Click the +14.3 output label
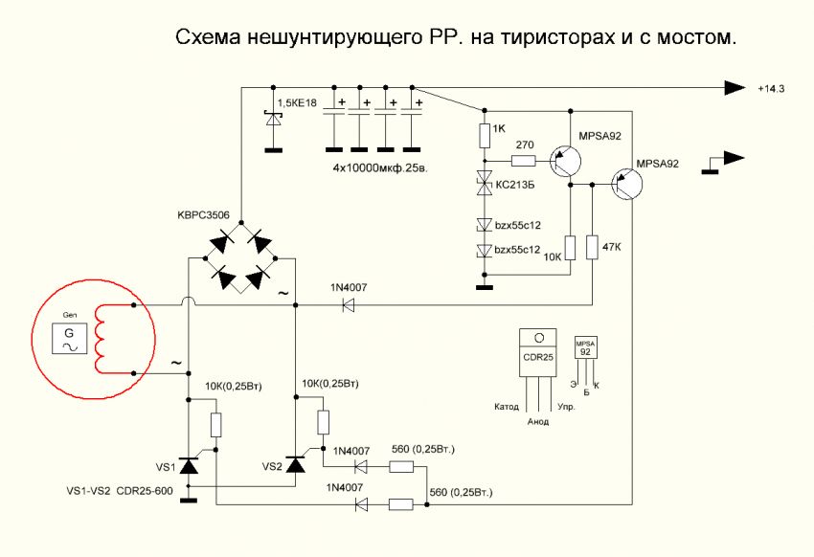771,89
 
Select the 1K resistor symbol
485,135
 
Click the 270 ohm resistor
523,161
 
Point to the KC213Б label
515,185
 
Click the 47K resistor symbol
593,247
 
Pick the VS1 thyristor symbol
189,466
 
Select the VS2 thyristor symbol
296,465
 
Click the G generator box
69,339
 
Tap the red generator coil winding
100,339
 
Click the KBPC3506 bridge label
203,214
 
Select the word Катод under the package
507,407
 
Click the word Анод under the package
538,422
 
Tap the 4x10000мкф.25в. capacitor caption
380,168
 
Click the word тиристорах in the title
557,38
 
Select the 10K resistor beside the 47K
571,248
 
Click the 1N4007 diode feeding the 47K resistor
349,306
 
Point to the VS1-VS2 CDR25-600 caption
120,491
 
